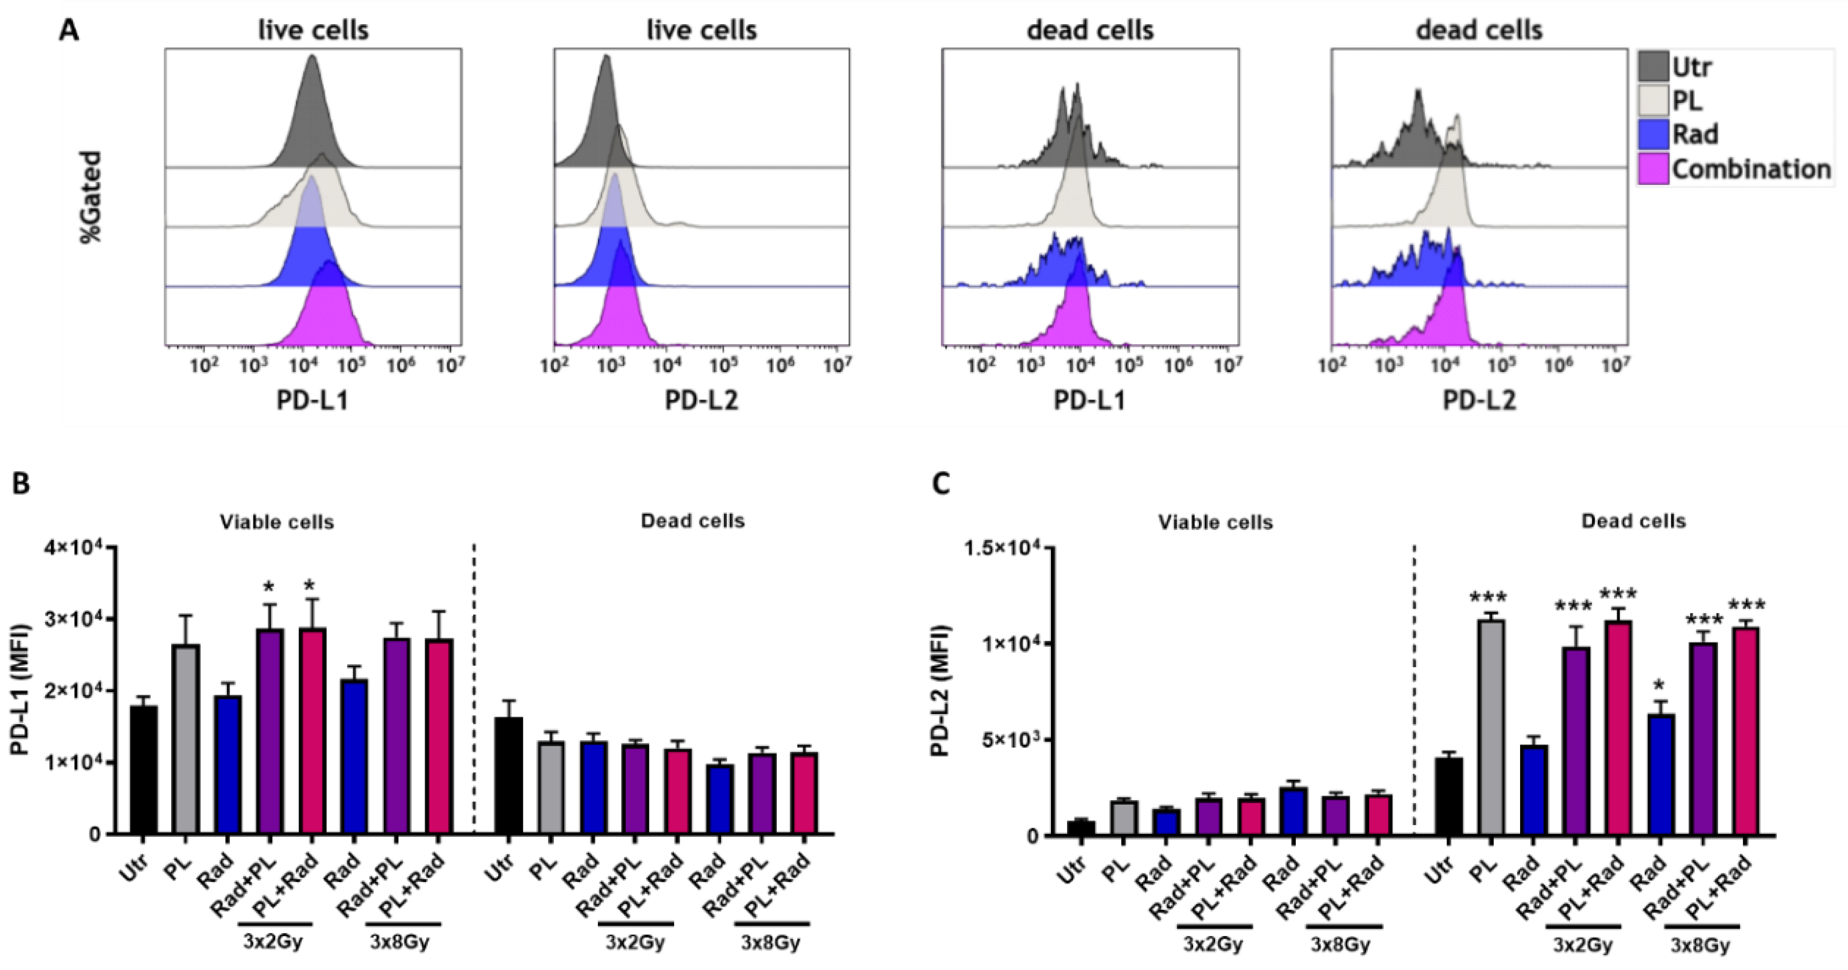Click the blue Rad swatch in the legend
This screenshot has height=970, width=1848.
coord(1653,134)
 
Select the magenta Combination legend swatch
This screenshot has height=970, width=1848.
coord(1653,169)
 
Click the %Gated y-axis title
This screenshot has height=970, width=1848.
coord(91,196)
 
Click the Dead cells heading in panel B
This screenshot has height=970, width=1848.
coord(692,521)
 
